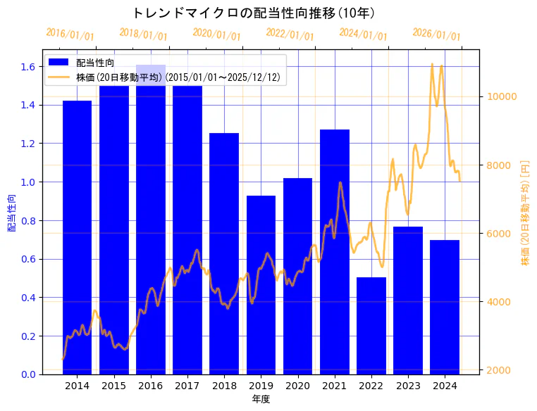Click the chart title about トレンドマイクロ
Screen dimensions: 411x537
(x=254, y=13)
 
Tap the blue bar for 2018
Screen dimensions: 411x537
(x=224, y=253)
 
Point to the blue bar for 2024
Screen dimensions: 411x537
(x=445, y=307)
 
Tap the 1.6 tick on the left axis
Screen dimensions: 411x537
(x=28, y=67)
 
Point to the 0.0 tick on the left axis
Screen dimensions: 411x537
(x=28, y=374)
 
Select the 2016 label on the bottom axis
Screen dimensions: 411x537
(x=150, y=386)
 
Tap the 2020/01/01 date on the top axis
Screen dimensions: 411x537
(x=216, y=34)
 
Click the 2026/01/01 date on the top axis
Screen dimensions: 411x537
(x=436, y=34)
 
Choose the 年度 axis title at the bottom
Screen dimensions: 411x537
(x=260, y=399)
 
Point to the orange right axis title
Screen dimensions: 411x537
(x=524, y=213)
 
